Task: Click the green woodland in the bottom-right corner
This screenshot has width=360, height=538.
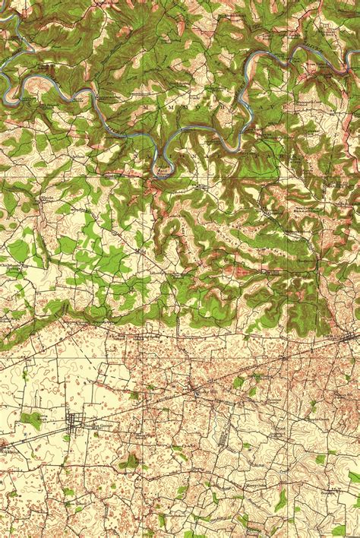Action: click(339, 530)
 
